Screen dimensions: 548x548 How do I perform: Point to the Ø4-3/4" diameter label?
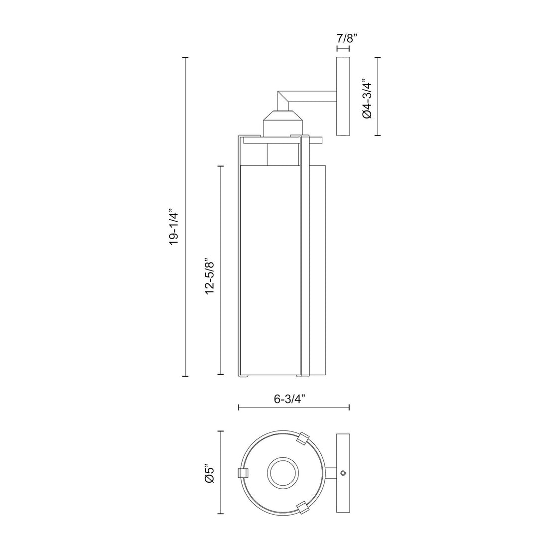click(368, 98)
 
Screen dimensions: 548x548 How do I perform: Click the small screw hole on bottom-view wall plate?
click(342, 472)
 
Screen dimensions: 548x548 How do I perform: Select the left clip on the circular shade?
click(242, 472)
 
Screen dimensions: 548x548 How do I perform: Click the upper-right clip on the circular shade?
click(302, 438)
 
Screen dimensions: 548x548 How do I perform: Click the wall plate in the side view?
click(343, 97)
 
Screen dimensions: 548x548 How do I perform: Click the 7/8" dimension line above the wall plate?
click(343, 49)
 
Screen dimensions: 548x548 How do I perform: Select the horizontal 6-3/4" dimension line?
click(294, 408)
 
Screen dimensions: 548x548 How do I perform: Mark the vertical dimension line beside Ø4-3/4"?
click(378, 97)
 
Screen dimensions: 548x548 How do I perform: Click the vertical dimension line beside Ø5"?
click(222, 473)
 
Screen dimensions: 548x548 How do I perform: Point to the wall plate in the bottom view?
click(343, 472)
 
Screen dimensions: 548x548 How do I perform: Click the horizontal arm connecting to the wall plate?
click(314, 94)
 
